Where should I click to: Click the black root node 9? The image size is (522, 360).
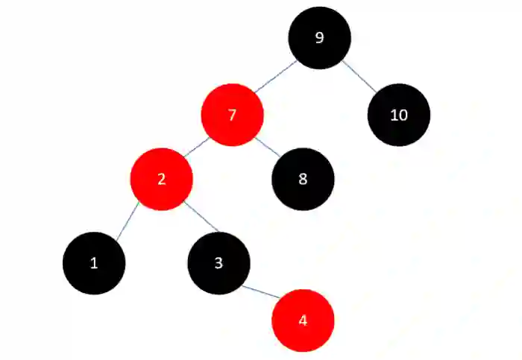[319, 38]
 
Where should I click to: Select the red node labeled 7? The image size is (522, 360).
[232, 115]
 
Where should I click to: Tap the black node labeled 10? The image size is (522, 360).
[398, 115]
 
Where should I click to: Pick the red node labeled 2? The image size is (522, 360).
[162, 179]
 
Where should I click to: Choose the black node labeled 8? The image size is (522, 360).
[303, 179]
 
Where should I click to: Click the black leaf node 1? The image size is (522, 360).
[93, 262]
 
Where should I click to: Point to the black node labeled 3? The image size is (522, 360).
[218, 262]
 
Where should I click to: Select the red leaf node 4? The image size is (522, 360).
[302, 320]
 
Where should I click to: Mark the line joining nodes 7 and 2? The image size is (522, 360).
[196, 147]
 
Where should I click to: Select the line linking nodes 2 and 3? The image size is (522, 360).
[201, 218]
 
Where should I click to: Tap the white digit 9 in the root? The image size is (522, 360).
[319, 38]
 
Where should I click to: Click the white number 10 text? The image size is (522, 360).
[398, 115]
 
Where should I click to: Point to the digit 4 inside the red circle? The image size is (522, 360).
[302, 320]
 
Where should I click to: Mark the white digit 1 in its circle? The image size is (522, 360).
[93, 262]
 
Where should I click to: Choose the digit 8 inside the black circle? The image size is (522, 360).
[303, 179]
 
